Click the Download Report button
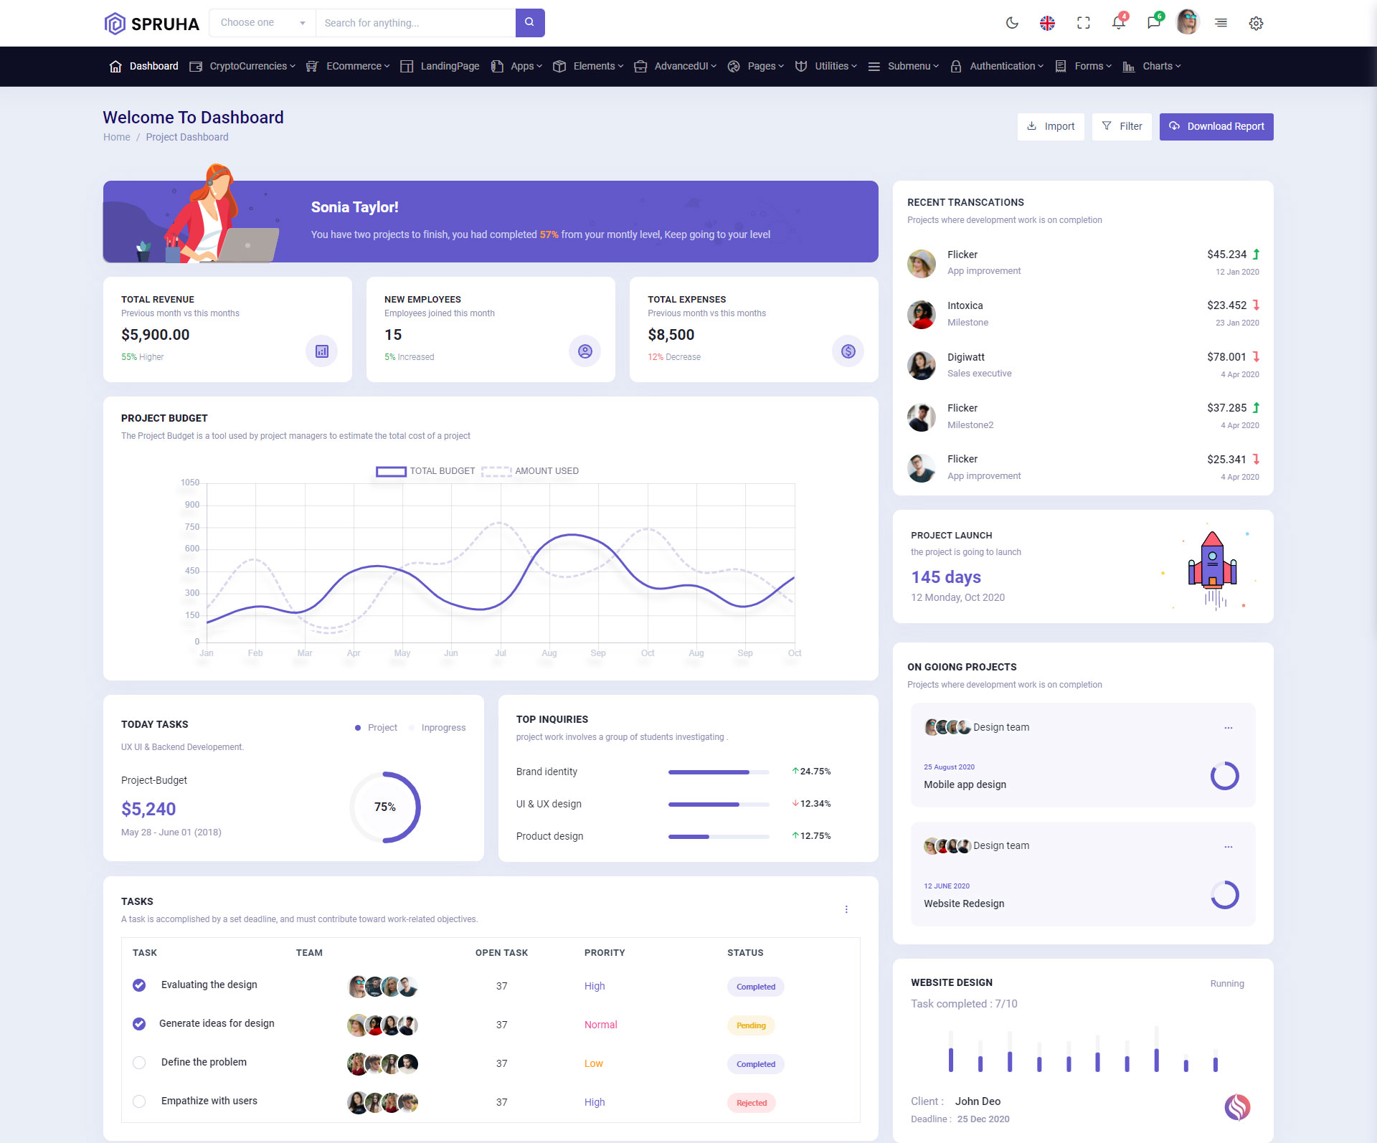(1216, 127)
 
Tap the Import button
(1051, 127)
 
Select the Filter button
(1122, 127)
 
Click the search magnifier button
(529, 23)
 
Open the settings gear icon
(1256, 24)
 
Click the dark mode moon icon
(1012, 23)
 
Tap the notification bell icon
(1118, 23)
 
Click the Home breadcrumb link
(117, 138)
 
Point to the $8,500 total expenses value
(671, 335)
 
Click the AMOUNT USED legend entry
(531, 471)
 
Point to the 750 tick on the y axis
(191, 527)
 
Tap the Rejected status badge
(751, 1103)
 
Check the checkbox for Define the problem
(139, 1063)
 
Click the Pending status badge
(751, 1025)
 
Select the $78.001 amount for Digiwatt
(1226, 357)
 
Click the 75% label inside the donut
(385, 807)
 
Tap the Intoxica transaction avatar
(921, 314)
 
